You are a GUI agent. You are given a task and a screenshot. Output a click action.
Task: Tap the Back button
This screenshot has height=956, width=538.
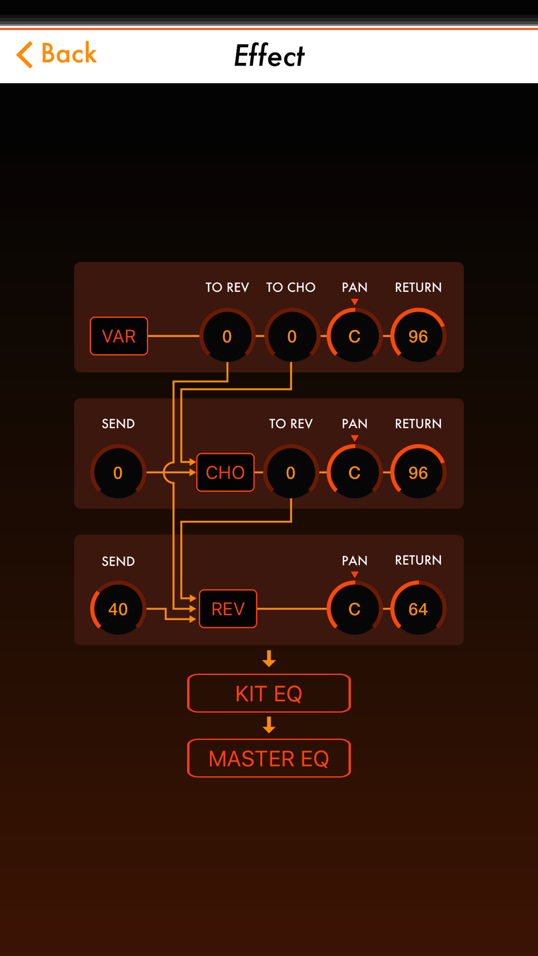56,54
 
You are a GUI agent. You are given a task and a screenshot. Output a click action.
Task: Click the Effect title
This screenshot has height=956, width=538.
269,55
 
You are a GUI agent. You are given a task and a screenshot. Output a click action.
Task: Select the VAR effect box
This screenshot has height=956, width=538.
119,336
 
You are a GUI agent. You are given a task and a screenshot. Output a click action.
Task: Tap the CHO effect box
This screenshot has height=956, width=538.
225,473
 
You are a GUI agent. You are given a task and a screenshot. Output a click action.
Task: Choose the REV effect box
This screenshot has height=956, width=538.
228,609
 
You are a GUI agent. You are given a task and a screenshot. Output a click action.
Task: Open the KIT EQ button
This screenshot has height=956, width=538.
269,693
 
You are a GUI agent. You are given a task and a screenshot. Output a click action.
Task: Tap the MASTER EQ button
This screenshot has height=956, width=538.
269,758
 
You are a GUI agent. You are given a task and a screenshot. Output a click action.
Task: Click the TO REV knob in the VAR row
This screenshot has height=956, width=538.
227,336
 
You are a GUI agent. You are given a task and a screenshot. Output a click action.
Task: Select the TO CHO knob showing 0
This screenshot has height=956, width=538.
292,336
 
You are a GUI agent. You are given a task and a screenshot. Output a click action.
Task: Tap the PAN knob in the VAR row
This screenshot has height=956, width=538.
355,336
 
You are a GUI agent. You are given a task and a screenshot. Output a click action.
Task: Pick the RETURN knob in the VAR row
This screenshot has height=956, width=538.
418,336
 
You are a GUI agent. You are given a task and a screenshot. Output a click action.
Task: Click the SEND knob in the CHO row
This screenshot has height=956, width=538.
118,473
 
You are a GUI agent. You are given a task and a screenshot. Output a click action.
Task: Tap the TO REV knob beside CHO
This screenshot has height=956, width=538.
291,473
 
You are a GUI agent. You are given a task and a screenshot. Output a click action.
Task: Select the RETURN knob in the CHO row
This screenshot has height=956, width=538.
418,473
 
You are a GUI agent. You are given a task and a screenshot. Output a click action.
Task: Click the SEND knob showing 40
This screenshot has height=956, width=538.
118,609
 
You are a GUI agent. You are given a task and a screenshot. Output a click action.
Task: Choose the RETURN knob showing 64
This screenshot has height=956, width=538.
418,609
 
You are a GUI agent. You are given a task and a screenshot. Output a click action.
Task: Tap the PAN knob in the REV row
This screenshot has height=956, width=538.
355,609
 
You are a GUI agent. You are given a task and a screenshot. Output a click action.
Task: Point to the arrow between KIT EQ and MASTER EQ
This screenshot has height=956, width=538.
269,725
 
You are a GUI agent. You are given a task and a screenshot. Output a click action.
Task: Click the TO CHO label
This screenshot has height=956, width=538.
291,288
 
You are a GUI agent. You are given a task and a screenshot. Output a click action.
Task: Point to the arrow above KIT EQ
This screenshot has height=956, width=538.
269,659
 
